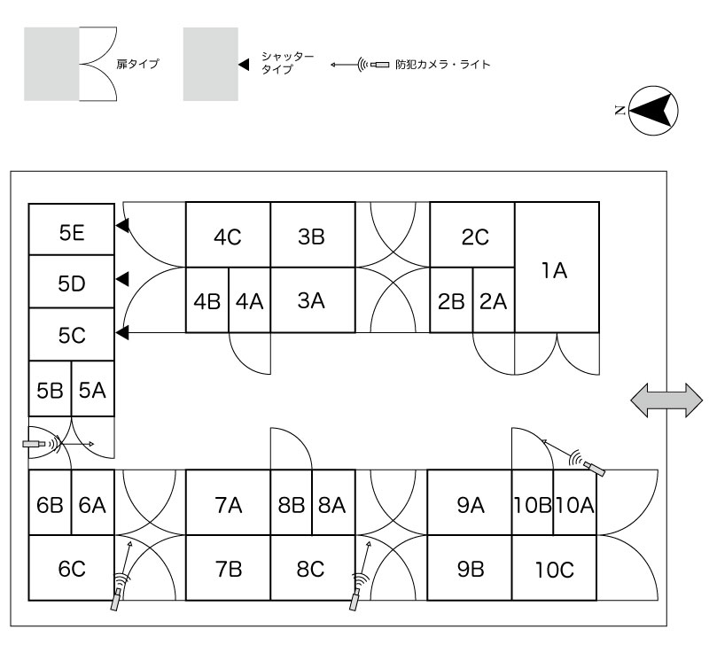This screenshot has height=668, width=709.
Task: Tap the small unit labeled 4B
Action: [206, 300]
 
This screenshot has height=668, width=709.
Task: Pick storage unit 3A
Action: [311, 300]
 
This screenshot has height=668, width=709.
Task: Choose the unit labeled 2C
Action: [473, 236]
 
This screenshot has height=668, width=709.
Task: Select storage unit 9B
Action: [471, 569]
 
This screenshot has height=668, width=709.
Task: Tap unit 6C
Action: [72, 569]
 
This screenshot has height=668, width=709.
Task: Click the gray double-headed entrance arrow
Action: [666, 400]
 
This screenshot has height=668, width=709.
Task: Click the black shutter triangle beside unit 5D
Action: [123, 279]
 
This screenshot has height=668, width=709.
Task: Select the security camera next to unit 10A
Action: [587, 462]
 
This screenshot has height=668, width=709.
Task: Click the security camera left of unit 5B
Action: [39, 441]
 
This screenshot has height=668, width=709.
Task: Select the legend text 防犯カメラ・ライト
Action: [442, 65]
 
